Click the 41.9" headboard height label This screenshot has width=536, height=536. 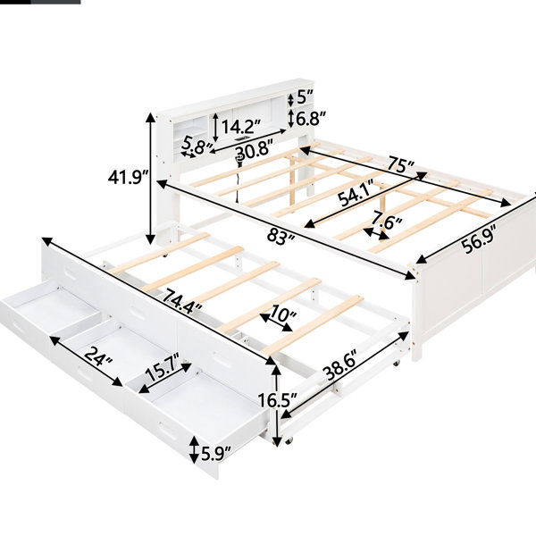[128, 177]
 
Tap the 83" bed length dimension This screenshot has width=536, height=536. [281, 236]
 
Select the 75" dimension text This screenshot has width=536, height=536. [400, 164]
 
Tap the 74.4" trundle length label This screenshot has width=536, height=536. [182, 301]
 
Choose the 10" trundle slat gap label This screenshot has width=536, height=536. [283, 314]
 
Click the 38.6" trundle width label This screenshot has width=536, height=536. [341, 364]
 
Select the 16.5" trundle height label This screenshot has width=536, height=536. [277, 400]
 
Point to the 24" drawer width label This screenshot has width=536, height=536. [98, 356]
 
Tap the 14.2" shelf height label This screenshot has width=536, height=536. [241, 127]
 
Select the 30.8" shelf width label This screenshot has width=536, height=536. [254, 152]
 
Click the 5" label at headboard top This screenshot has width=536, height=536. [306, 97]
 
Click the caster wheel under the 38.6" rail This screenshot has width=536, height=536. [396, 364]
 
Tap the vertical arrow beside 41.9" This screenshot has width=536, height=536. [150, 178]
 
